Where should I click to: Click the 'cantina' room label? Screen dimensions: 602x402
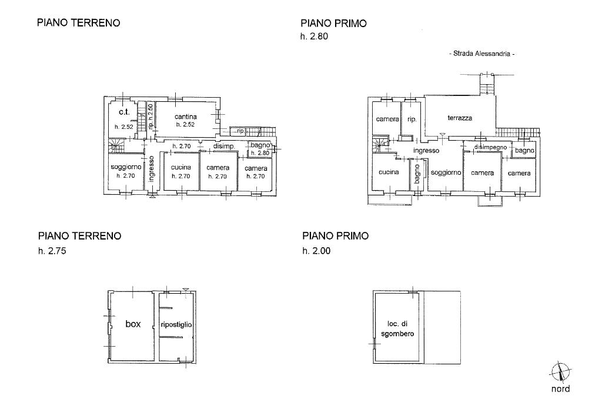(x=185, y=117)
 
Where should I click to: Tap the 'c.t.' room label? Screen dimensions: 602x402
(x=124, y=112)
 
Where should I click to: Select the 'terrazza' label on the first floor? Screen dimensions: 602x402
(x=460, y=118)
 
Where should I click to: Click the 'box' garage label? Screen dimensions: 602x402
(x=133, y=324)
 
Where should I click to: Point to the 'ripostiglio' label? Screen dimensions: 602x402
(x=176, y=325)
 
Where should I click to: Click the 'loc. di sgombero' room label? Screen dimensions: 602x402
(x=397, y=329)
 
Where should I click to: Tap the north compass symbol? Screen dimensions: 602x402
(x=560, y=373)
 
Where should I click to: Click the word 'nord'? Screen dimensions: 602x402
(x=560, y=389)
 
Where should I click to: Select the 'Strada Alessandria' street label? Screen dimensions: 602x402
(x=482, y=54)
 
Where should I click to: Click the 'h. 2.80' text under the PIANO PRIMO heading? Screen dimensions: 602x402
(x=314, y=37)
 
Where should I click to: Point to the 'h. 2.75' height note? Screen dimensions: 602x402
(x=52, y=251)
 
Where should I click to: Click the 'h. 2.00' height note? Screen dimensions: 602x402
(x=316, y=251)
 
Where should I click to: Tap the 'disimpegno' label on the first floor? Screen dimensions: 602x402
(x=490, y=147)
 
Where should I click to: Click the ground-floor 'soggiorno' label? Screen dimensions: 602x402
(x=126, y=167)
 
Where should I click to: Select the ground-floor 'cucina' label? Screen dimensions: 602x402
(x=181, y=167)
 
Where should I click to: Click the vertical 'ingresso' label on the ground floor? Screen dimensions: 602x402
(x=151, y=169)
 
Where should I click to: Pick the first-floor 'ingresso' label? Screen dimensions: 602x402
(x=426, y=151)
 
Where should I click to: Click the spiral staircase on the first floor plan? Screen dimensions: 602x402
(x=380, y=144)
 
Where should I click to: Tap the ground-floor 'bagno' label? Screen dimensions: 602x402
(x=260, y=145)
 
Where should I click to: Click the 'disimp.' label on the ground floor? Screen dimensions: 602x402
(x=224, y=147)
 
